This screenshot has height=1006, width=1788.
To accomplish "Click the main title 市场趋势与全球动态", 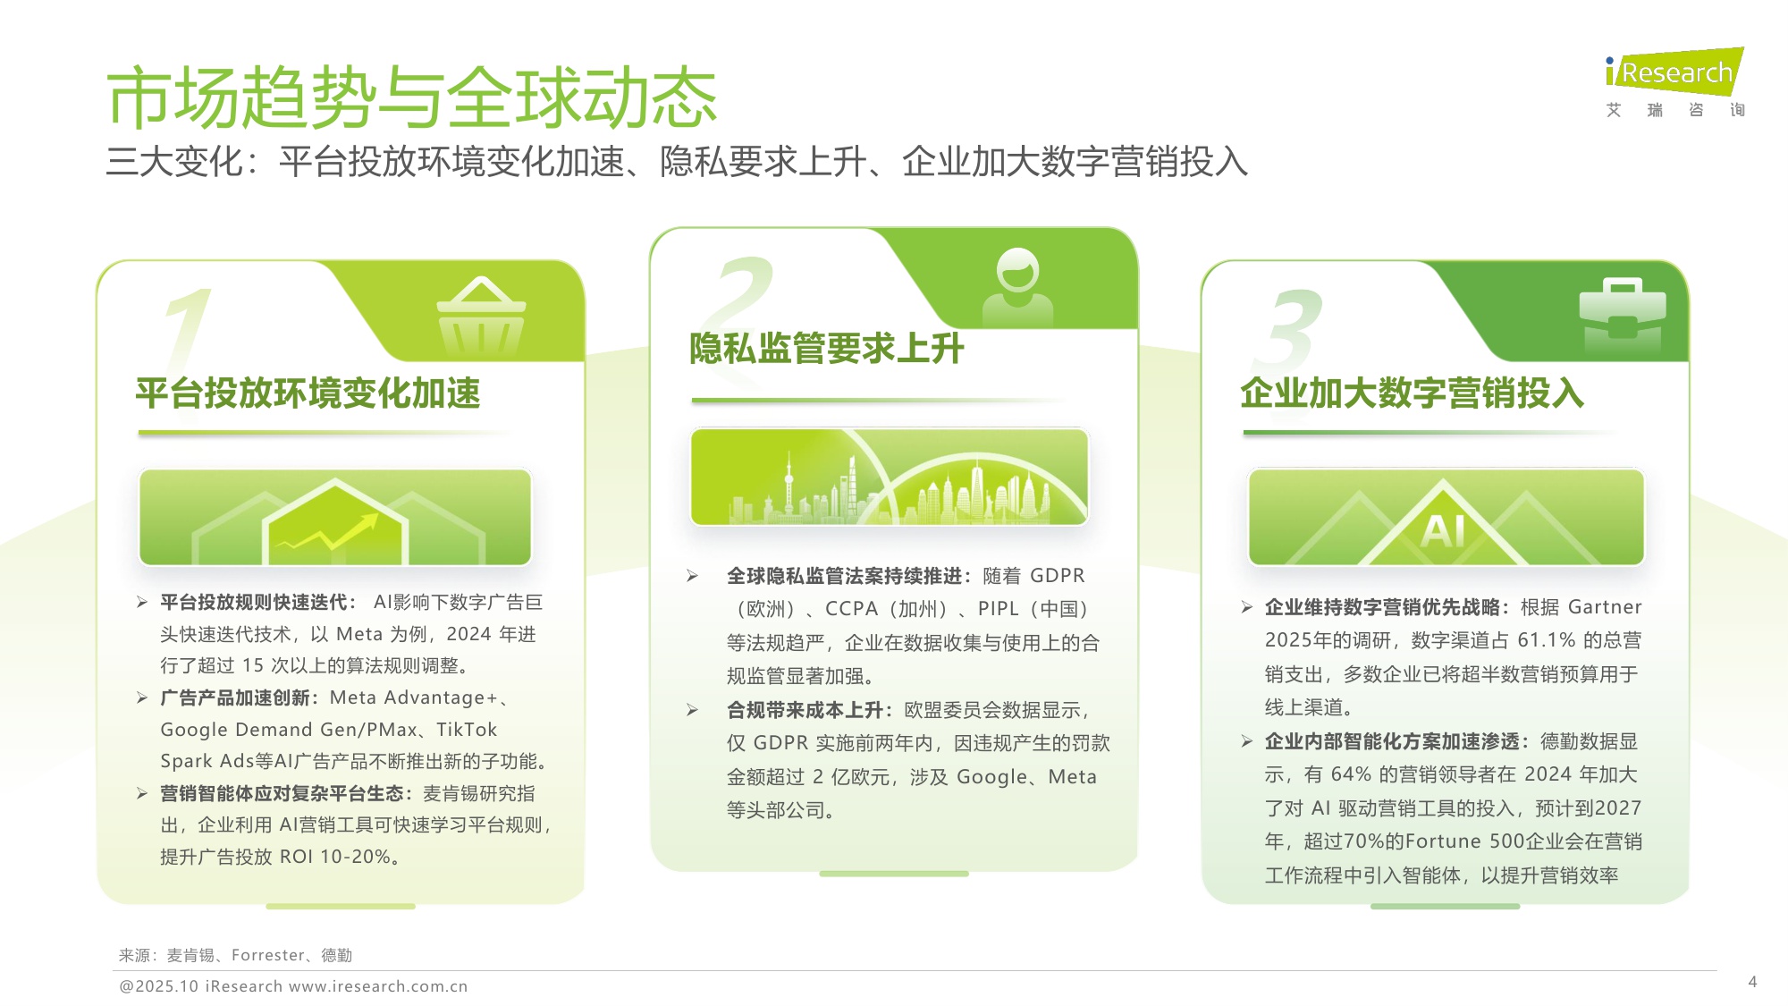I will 411,97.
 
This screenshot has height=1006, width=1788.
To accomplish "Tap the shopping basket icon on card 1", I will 481,319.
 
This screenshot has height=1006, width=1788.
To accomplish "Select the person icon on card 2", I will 1017,285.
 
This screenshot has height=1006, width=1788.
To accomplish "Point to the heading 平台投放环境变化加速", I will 308,393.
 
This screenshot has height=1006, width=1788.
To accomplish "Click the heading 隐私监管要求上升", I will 826,349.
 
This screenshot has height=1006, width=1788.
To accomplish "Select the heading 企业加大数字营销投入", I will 1412,393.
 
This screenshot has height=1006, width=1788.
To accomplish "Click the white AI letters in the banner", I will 1443,530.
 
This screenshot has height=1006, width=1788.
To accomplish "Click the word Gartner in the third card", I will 1605,607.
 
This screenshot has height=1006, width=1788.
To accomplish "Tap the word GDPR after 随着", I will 1058,576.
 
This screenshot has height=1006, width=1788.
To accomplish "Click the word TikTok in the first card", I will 467,730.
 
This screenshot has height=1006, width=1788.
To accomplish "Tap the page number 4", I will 1752,982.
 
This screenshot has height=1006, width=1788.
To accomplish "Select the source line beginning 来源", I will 236,955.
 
